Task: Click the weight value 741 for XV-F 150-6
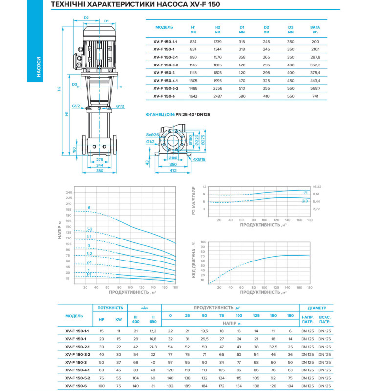[315, 97]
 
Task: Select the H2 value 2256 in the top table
[218, 89]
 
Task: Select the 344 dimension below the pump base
[100, 165]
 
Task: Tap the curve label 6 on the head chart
[89, 208]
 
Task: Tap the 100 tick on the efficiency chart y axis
[203, 241]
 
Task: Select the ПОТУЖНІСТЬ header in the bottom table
[110, 308]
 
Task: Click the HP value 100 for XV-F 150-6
[102, 386]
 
